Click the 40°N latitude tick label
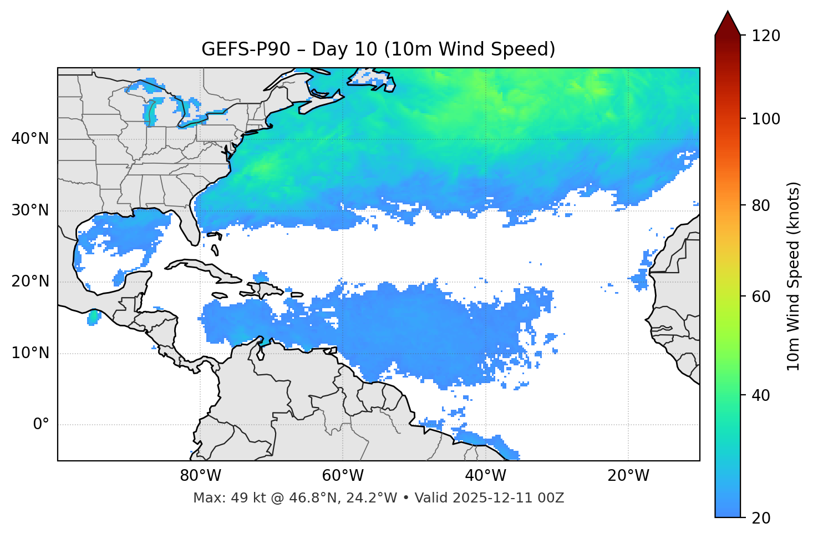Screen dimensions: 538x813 click(x=30, y=139)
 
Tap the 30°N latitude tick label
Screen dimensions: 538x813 click(x=30, y=210)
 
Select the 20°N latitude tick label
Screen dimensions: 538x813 click(x=30, y=281)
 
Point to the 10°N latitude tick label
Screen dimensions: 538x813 click(x=30, y=353)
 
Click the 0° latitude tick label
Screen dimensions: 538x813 click(x=40, y=425)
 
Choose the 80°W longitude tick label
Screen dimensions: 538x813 click(x=200, y=476)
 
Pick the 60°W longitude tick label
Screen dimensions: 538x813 click(x=343, y=476)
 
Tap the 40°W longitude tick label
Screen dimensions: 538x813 click(x=485, y=476)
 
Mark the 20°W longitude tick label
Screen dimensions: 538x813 click(x=628, y=476)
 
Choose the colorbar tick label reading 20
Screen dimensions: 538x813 click(x=761, y=517)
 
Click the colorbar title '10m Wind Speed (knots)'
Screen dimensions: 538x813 click(x=794, y=276)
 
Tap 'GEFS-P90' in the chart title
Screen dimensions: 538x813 click(x=246, y=49)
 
